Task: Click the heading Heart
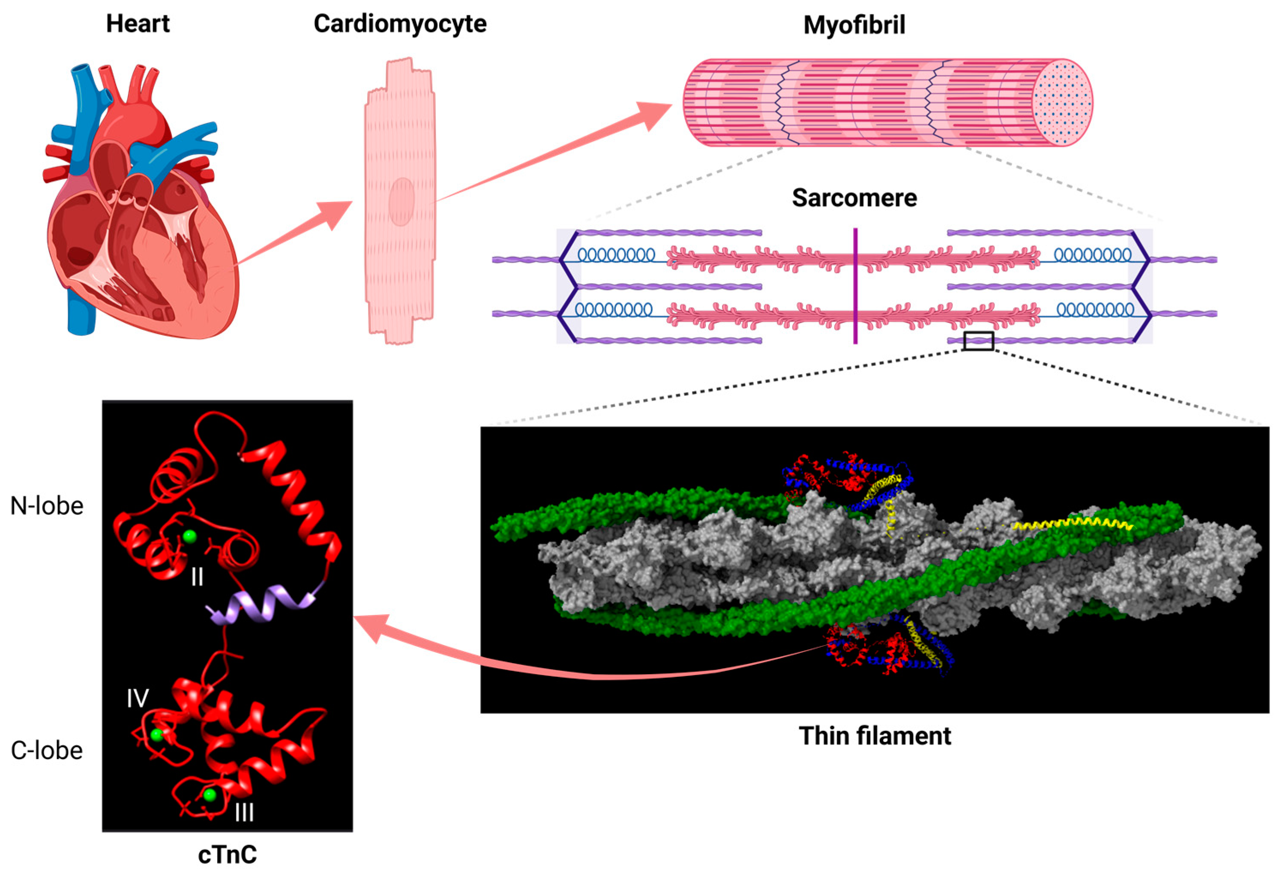coord(138,24)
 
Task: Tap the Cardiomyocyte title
coord(400,24)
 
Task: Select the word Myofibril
coord(854,25)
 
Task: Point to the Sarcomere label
coord(854,197)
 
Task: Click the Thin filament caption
coord(875,736)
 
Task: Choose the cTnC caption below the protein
coord(227,854)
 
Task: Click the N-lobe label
coord(47,506)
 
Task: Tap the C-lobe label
coord(47,750)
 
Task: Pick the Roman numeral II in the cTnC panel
coord(197,577)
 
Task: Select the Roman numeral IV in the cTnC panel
coord(137,699)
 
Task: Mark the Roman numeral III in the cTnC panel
coord(244,812)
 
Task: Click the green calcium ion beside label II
coord(190,535)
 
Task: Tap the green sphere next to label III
coord(210,795)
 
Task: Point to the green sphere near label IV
coord(157,735)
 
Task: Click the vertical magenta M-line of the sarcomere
coord(855,286)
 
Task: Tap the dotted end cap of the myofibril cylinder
coord(1063,103)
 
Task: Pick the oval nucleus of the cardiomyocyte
coord(401,201)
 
